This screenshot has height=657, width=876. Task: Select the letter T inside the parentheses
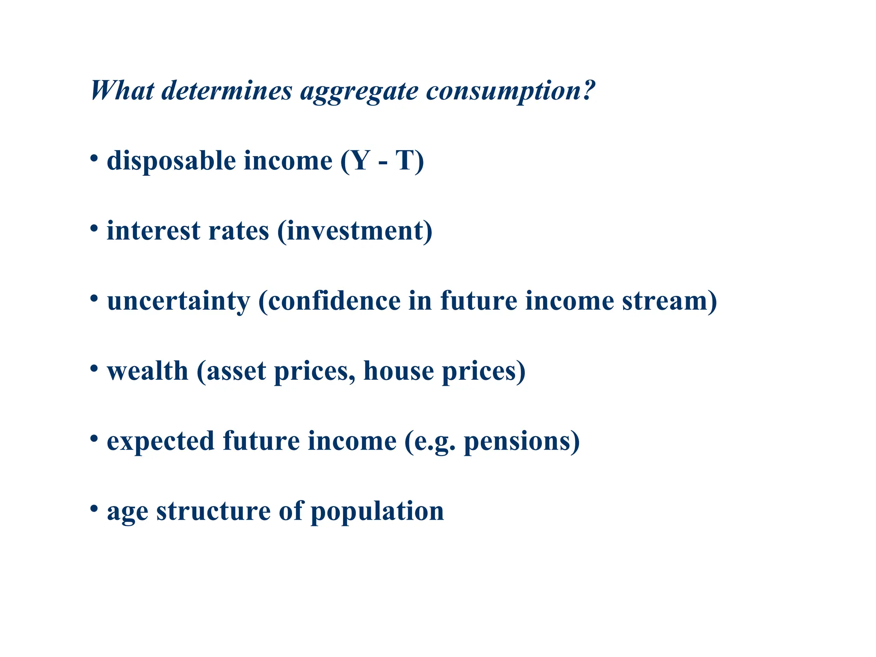point(405,161)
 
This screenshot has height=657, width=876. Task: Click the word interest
point(153,231)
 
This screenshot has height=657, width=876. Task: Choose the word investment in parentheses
point(355,231)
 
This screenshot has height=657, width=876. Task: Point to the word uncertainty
point(178,302)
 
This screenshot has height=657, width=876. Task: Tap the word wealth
point(148,371)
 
